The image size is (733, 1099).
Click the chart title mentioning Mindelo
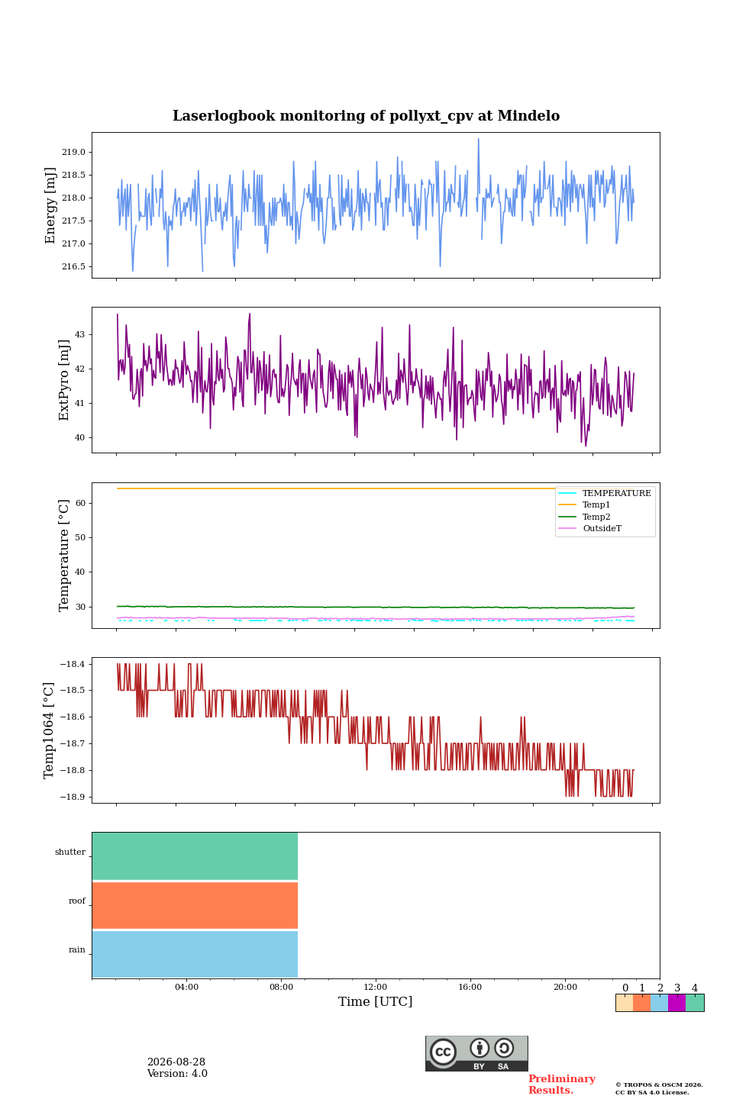(366, 116)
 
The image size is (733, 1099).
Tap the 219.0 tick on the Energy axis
(73, 152)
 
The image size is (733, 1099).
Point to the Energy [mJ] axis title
(50, 205)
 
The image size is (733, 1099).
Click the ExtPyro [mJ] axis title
(64, 380)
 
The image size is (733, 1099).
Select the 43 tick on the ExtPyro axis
(79, 334)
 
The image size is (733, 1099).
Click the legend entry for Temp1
(596, 505)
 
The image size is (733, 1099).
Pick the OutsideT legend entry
(602, 528)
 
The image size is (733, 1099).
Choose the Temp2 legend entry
(596, 517)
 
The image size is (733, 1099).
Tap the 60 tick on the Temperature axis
(80, 503)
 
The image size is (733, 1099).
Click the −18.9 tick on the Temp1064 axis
(73, 797)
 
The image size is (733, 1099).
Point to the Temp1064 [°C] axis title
(48, 730)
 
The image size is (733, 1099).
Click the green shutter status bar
(195, 856)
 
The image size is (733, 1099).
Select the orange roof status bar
(195, 905)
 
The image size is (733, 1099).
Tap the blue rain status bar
(195, 954)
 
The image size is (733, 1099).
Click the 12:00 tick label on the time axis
(376, 987)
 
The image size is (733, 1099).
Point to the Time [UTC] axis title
(376, 1001)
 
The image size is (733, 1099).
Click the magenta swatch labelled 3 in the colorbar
(677, 1003)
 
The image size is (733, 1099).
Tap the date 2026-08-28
(176, 1062)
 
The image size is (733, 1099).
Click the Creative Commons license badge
(476, 1053)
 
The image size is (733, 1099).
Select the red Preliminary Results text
(562, 1084)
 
